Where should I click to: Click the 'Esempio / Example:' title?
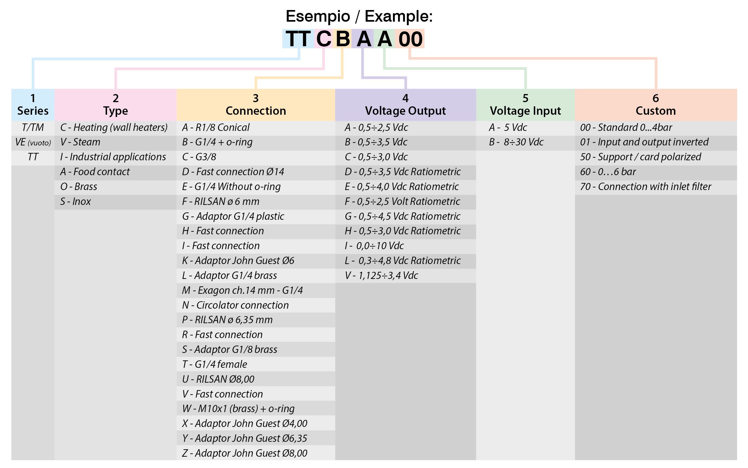pos(359,16)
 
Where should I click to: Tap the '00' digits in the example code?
pos(410,39)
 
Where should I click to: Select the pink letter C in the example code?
pos(323,39)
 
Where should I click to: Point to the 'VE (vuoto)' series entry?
pos(33,142)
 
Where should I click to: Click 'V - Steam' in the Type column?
pos(80,142)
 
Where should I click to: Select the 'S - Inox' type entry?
pos(75,202)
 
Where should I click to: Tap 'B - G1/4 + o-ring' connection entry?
pos(217,142)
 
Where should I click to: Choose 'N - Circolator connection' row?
pos(235,305)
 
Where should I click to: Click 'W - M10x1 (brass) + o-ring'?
pos(238,409)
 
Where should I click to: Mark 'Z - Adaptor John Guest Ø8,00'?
pos(244,453)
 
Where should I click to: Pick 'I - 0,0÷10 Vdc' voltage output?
pos(374,246)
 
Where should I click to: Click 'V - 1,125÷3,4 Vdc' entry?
pos(381,276)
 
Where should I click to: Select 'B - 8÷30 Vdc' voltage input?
pos(516,142)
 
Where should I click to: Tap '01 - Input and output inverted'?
pos(644,142)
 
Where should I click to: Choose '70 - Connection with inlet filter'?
pos(645,187)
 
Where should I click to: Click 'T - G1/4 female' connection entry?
pos(214,365)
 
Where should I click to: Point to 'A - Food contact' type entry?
pos(95,172)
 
